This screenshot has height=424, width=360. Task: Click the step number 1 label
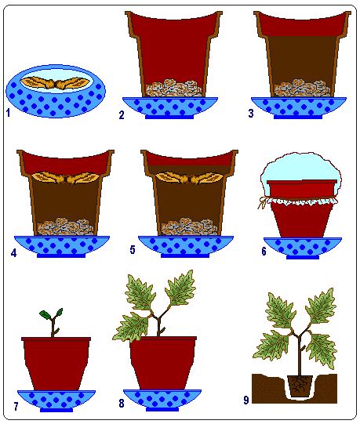[8, 113]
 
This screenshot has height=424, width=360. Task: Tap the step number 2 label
[122, 115]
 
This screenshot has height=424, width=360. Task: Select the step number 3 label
[251, 114]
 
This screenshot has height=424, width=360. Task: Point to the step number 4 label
[13, 253]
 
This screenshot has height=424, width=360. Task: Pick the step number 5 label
[133, 249]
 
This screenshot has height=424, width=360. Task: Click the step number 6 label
[264, 252]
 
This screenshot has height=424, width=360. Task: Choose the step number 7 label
[16, 407]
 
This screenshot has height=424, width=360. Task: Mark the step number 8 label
[122, 403]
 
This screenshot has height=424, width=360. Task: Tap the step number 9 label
[245, 400]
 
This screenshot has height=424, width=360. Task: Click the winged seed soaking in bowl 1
[55, 83]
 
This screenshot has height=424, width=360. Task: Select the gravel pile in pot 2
[174, 88]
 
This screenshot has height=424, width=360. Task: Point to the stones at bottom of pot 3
[302, 88]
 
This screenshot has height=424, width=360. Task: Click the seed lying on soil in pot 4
[65, 178]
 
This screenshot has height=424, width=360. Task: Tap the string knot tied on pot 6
[262, 202]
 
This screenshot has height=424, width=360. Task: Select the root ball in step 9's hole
[300, 386]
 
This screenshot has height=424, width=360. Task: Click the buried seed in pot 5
[190, 178]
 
